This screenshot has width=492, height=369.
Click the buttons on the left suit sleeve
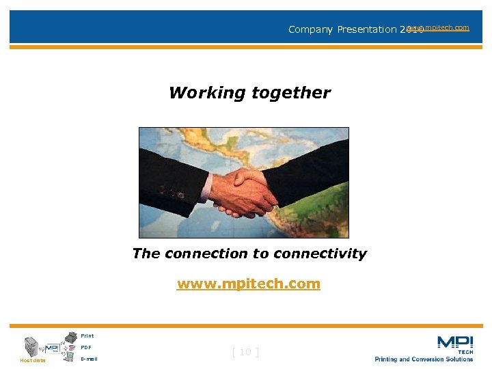172,192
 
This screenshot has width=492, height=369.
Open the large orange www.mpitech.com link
248,284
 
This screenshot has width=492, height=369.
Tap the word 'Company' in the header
310,29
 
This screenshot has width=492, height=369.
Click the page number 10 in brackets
245,352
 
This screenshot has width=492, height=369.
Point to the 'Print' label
87,336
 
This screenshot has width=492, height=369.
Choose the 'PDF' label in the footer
85,347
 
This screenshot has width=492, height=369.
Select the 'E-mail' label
89,359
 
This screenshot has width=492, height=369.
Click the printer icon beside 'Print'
70,336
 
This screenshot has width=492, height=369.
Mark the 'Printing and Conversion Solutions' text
424,359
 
